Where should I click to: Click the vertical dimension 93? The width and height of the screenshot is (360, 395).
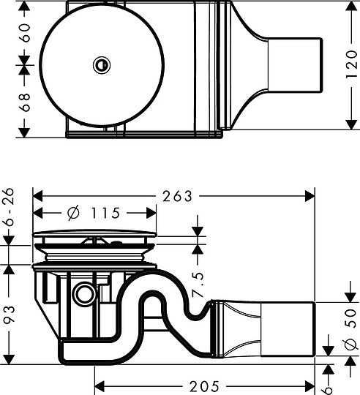click(9, 315)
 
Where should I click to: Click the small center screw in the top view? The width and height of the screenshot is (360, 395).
click(100, 65)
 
